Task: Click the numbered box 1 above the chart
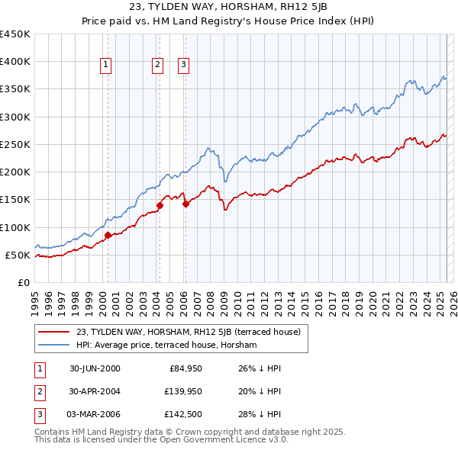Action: [105, 66]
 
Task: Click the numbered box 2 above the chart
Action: [157, 66]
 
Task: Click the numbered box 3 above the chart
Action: [184, 66]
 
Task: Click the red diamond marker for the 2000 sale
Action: [108, 235]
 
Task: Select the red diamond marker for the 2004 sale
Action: [160, 204]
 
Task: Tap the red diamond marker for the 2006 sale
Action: [185, 204]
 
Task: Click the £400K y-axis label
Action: [15, 62]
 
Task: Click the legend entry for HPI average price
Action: [166, 346]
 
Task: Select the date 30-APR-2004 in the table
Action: [95, 391]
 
